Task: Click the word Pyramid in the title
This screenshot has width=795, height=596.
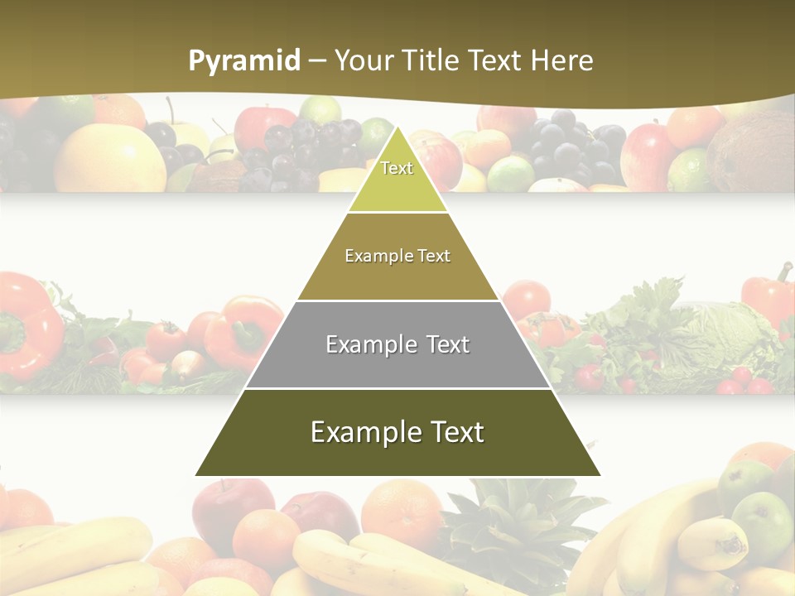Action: click(x=244, y=61)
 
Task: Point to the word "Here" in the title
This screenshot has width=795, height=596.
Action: click(x=561, y=60)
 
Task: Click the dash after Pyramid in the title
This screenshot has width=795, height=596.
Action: click(x=316, y=61)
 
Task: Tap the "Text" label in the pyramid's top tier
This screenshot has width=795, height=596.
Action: click(x=397, y=168)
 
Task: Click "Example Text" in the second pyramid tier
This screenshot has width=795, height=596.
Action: click(x=397, y=256)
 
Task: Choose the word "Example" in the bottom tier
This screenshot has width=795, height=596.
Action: click(x=364, y=432)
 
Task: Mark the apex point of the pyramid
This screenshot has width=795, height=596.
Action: click(x=397, y=126)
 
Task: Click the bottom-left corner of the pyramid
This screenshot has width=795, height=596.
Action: click(x=195, y=475)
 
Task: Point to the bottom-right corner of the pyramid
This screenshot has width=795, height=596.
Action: click(x=600, y=475)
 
